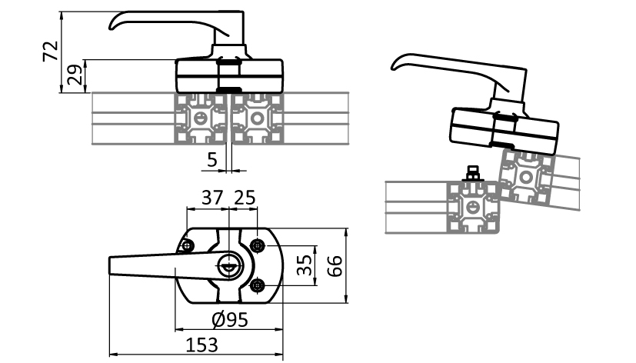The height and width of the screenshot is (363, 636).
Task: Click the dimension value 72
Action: (50, 52)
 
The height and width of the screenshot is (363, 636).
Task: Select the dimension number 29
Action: (75, 75)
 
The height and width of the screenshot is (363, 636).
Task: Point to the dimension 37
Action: (211, 198)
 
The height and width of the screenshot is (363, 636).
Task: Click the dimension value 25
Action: (245, 198)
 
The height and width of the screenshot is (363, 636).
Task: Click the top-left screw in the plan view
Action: (188, 246)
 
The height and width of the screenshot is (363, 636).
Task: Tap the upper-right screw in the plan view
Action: (257, 245)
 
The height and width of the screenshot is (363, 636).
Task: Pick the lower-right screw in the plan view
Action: (257, 286)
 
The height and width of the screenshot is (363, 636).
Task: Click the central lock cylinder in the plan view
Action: (229, 266)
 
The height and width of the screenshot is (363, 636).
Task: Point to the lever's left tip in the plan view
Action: (113, 266)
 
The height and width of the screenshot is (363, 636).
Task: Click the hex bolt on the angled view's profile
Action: (473, 172)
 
